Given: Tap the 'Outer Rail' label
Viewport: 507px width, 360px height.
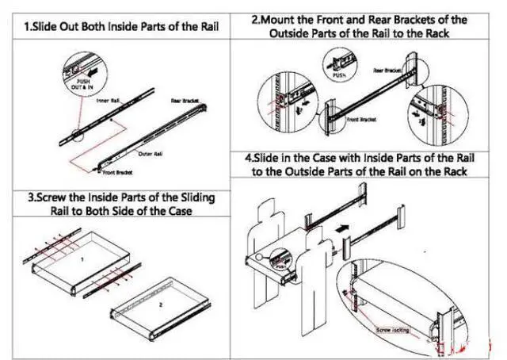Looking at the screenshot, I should pyautogui.click(x=150, y=154).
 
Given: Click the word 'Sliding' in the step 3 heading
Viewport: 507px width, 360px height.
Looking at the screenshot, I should pyautogui.click(x=193, y=196).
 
